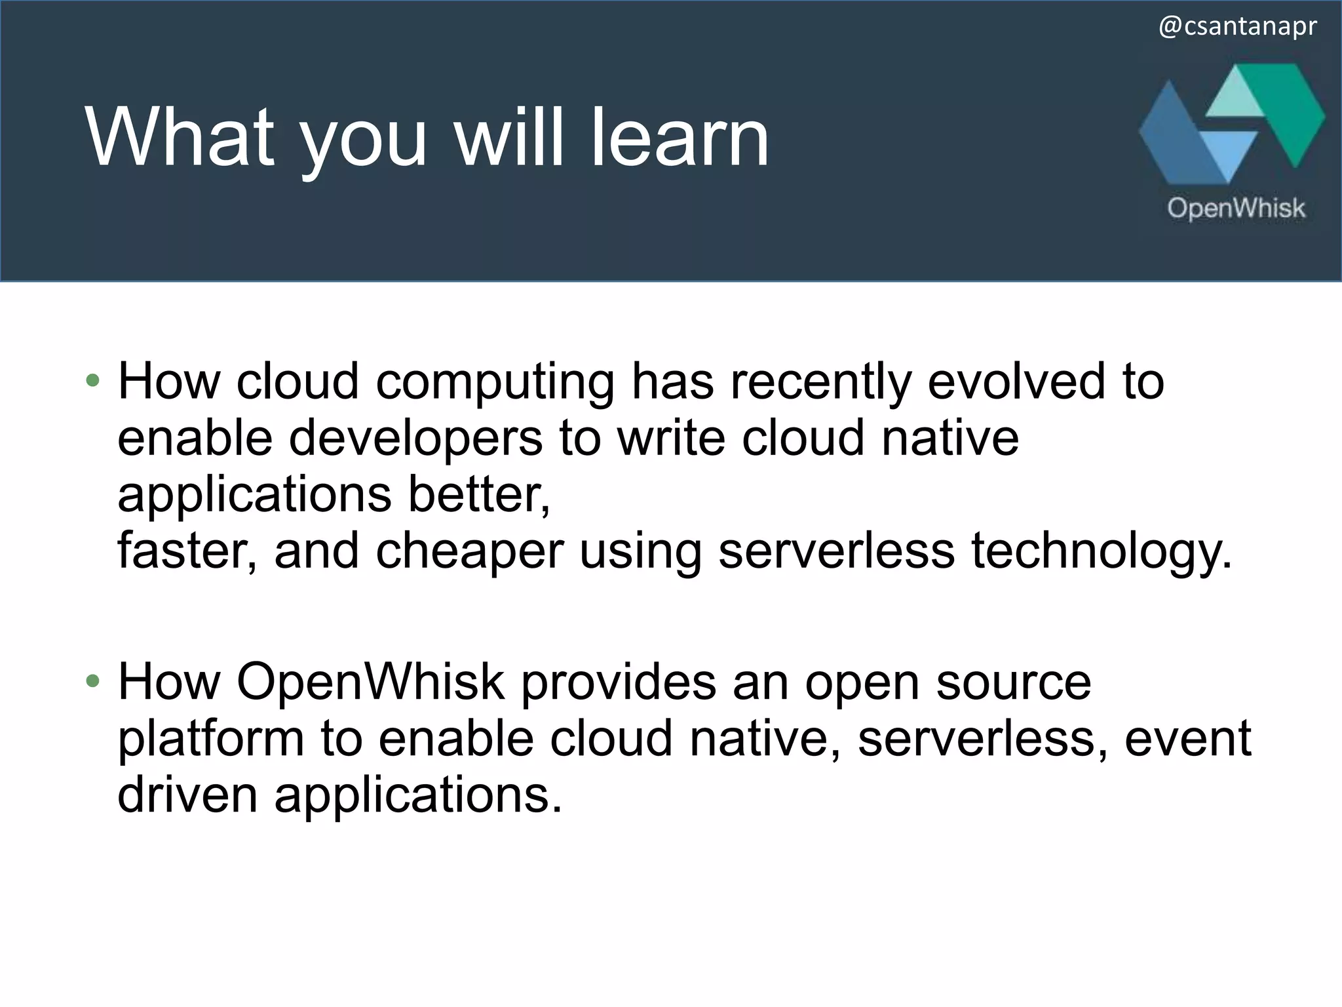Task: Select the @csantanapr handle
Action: click(x=1238, y=27)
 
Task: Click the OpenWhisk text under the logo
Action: click(x=1236, y=208)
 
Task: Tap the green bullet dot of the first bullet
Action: click(x=92, y=380)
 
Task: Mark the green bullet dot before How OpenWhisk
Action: click(x=92, y=681)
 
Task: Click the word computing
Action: click(x=495, y=382)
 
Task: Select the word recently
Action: click(x=820, y=382)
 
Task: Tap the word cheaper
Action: click(x=469, y=551)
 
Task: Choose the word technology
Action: click(x=1101, y=551)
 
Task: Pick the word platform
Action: click(x=210, y=738)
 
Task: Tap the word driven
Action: click(x=187, y=795)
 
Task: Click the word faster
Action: click(x=187, y=551)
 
